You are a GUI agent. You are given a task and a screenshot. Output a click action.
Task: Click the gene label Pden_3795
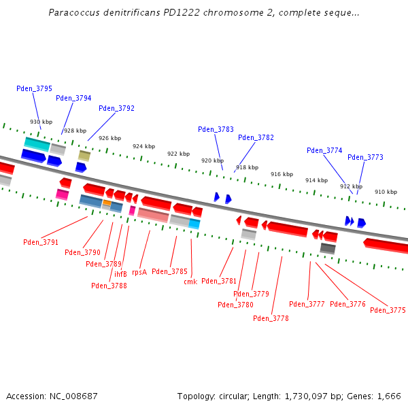pos(34,88)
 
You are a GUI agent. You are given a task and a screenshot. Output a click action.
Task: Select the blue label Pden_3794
pos(73,98)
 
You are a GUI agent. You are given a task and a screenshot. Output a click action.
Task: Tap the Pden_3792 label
pos(116,108)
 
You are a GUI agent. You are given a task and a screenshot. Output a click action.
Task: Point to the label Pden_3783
pos(216,129)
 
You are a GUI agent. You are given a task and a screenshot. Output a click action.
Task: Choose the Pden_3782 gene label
pos(256,137)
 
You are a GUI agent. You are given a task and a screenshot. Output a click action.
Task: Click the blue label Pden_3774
pos(324,150)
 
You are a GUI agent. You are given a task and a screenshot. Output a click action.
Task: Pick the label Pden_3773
pos(365,157)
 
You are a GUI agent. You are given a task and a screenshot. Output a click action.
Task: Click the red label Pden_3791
pos(41,242)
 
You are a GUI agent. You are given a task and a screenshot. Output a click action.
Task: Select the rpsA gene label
pos(139,271)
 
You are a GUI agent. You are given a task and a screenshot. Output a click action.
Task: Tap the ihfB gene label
pos(120,274)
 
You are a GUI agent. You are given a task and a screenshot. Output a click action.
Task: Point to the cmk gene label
pos(190,282)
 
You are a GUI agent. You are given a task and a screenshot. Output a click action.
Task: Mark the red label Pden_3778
pos(271,318)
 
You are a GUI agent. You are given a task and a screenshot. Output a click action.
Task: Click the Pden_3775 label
pos(388,310)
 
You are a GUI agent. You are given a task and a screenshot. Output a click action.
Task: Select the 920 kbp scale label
pos(211,160)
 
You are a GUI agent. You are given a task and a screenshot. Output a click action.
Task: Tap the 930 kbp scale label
pos(41,122)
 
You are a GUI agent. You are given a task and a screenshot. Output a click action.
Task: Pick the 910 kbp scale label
pos(386,192)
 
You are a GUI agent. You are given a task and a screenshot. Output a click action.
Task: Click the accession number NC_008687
pos(76,396)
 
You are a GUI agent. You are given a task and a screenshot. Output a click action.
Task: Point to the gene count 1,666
pos(388,396)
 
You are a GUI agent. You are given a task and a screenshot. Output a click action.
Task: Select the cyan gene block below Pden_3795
pos(37,143)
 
